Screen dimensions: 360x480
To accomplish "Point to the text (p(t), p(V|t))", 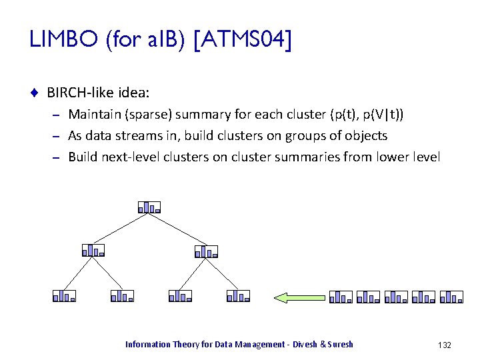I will pos(366,115).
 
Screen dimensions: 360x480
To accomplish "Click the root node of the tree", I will pos(150,207).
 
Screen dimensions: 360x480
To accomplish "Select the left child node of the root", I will pos(93,251).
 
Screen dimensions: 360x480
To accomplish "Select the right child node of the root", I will pos(207,251).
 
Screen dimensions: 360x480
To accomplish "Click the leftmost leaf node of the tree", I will pos(65,295).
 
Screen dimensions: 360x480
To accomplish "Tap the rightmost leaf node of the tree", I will pos(238,295).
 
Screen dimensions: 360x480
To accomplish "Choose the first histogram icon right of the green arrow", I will pos(341,297).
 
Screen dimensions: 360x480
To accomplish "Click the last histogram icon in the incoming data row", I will pos(451,297).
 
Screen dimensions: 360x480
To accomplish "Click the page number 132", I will pos(445,345).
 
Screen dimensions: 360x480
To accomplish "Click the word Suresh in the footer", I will pos(341,345).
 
